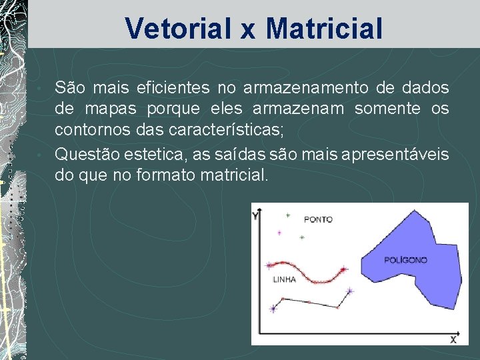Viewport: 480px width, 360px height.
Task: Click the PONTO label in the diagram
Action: coord(318,219)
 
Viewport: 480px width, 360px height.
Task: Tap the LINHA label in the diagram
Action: coord(285,280)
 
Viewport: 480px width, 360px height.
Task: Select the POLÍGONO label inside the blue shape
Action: coord(405,260)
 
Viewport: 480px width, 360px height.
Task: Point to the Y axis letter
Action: coord(255,216)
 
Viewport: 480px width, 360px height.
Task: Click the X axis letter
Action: coord(453,339)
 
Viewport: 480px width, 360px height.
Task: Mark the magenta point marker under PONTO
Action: coord(279,232)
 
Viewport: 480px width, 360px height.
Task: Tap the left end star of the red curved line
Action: coord(269,265)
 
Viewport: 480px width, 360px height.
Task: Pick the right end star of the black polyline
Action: coord(350,291)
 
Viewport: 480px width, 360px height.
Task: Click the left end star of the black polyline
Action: coord(273,308)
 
